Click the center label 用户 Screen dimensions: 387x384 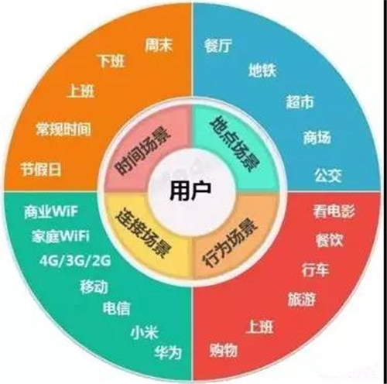[190, 191]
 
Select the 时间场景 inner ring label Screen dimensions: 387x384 [142, 150]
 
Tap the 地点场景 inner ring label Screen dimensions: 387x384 [235, 143]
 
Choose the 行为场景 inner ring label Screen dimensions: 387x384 [231, 243]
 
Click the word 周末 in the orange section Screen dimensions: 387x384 [159, 46]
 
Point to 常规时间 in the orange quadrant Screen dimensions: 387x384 [63, 129]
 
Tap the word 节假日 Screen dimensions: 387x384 [41, 170]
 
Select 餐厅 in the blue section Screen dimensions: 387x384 [218, 46]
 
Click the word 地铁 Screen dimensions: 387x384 [262, 70]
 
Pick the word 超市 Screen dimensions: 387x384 [300, 101]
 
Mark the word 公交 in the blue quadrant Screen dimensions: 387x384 [328, 176]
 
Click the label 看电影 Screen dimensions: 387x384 [334, 211]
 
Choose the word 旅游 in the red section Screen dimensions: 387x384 [301, 300]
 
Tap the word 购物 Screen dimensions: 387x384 [224, 350]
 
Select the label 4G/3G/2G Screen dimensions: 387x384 [75, 261]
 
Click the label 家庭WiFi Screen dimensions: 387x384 [61, 236]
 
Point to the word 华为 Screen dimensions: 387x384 [168, 352]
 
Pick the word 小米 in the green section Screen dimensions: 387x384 [144, 331]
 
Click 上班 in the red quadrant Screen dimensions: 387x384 [260, 327]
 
